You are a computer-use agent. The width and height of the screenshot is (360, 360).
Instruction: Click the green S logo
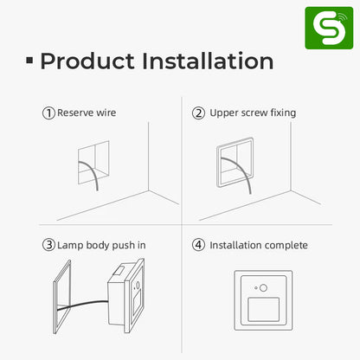point(329,28)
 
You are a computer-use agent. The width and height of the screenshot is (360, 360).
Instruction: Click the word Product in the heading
point(87,61)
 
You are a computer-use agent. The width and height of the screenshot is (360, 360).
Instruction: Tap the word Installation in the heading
point(208,61)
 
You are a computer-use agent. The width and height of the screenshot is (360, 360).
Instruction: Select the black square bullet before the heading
point(29,61)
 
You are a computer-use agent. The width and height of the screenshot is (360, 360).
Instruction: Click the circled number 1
point(48,113)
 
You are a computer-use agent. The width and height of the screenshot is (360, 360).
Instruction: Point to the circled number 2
point(198,113)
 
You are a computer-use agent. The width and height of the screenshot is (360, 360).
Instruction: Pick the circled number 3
point(48,245)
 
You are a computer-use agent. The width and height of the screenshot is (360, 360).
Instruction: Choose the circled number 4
point(198,245)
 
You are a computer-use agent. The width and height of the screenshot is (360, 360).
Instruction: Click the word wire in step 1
point(106,112)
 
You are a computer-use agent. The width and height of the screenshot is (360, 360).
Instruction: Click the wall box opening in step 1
point(93,163)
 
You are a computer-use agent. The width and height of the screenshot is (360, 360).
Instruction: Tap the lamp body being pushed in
point(125,296)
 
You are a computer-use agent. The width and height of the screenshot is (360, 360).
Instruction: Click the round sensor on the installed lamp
point(263,287)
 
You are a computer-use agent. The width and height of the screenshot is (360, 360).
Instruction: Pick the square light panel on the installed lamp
point(264,310)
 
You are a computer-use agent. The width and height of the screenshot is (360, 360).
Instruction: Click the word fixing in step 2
point(283,113)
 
